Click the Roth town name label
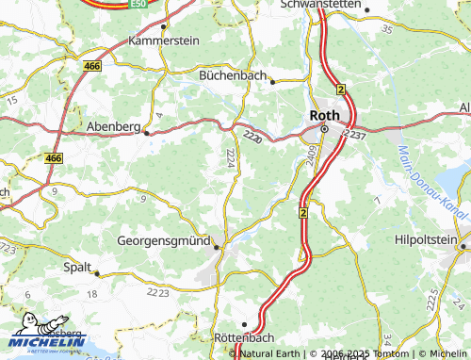tap(325, 114)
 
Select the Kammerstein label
tap(163, 41)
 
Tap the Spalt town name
tap(76, 267)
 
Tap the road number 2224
tap(231, 160)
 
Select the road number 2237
tap(355, 136)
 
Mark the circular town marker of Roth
tap(324, 128)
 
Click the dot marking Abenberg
tap(146, 133)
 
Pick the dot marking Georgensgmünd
tap(218, 247)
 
